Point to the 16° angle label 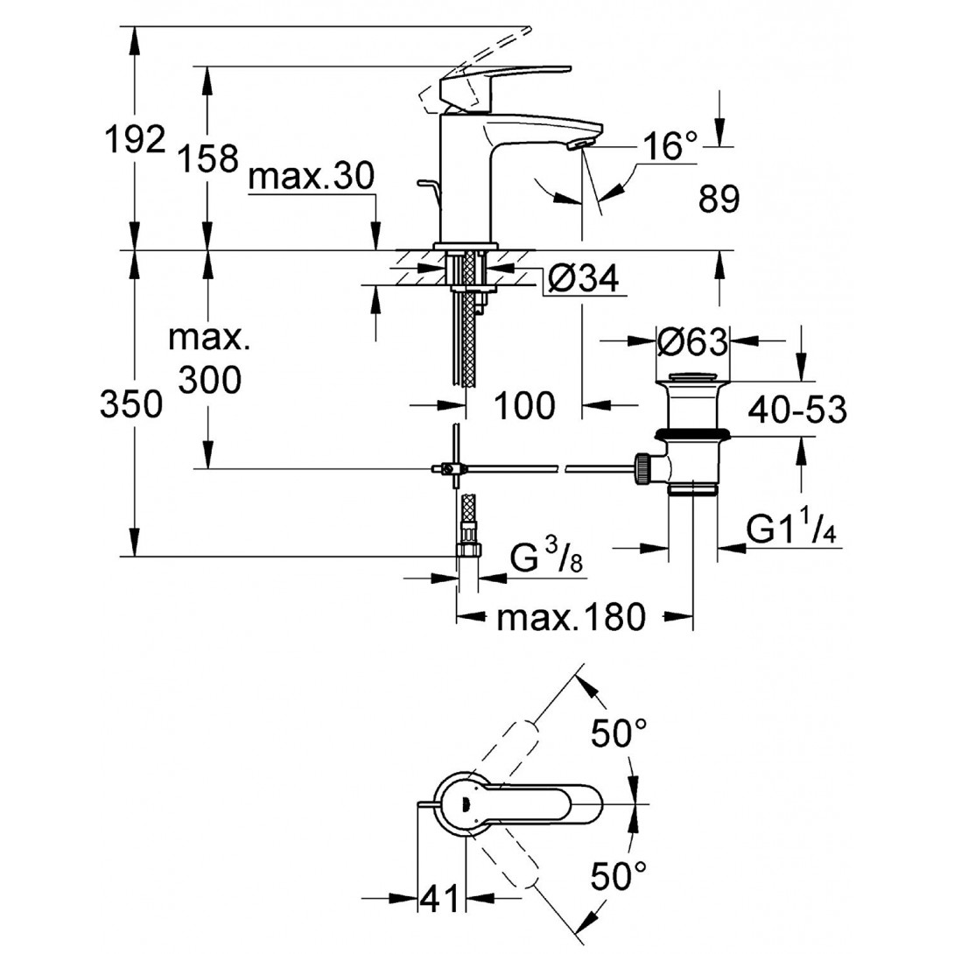670,146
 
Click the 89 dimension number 719,200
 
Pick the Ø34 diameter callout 583,279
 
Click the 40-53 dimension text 797,409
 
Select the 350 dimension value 130,405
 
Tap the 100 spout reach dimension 524,405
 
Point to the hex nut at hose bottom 469,550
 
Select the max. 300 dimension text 209,360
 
